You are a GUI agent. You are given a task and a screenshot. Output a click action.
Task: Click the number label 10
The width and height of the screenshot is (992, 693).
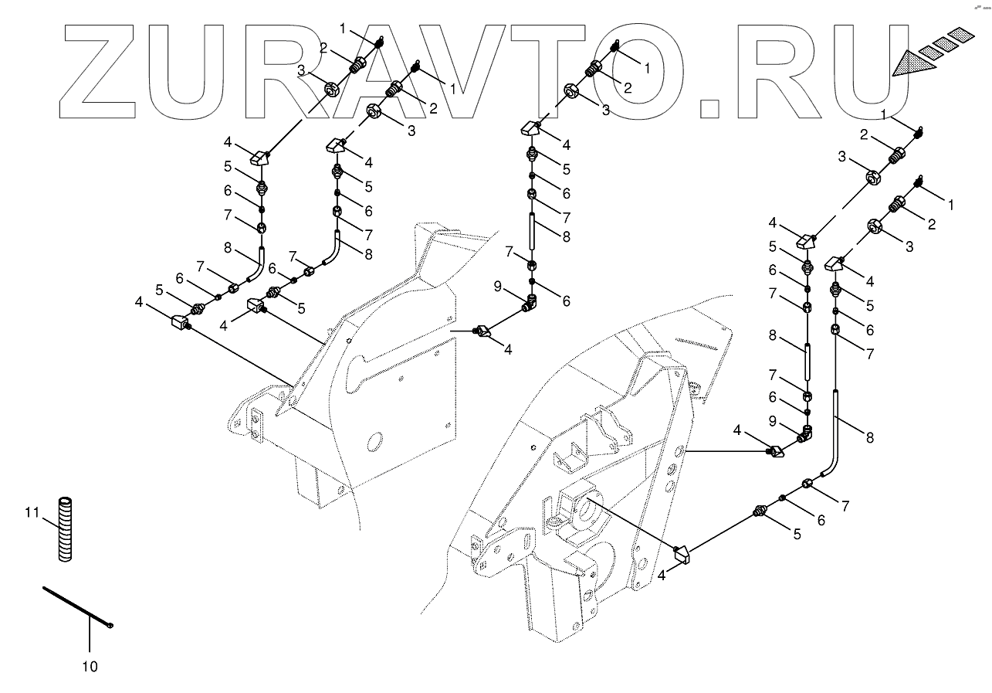(90, 666)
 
